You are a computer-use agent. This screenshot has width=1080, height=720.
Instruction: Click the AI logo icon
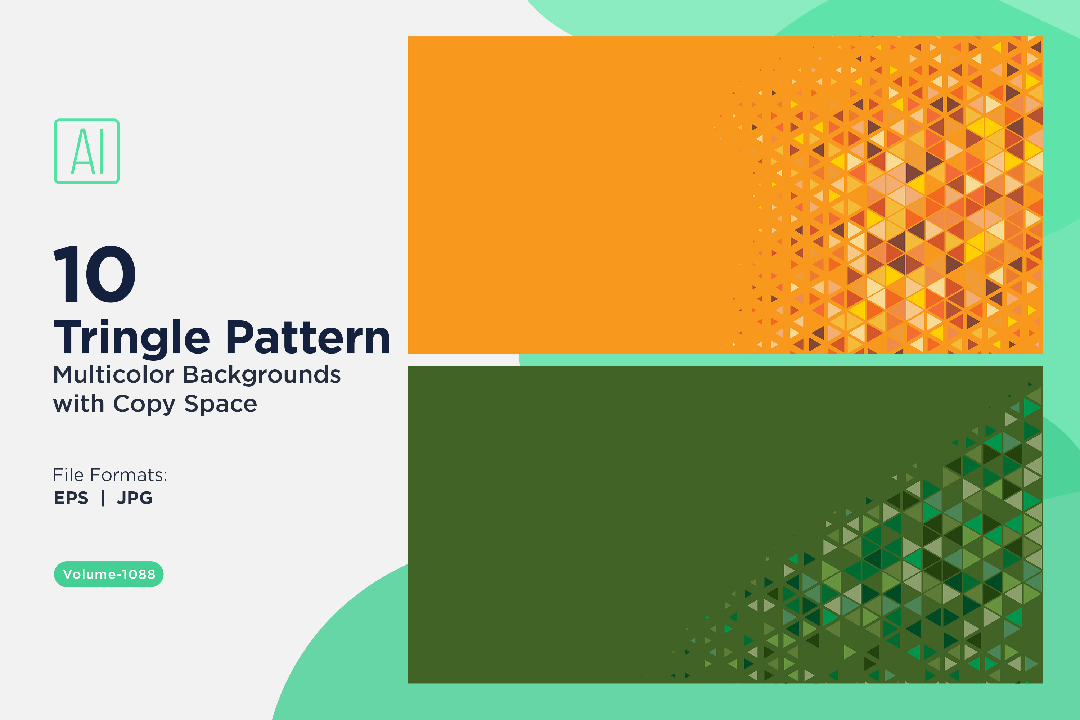(87, 152)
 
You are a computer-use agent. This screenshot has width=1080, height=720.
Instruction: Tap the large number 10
(95, 274)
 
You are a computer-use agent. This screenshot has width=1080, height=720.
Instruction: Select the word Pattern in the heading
(308, 338)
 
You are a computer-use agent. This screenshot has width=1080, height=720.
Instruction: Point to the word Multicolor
(113, 374)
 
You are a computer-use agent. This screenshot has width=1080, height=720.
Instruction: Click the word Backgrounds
(262, 374)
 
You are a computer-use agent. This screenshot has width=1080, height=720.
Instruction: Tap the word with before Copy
(78, 404)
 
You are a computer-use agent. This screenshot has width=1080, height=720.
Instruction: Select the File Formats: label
(110, 475)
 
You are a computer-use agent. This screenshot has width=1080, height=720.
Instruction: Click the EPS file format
(71, 498)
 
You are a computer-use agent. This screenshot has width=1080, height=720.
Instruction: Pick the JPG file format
(135, 498)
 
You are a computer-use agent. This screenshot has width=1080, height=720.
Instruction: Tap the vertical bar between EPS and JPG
(103, 498)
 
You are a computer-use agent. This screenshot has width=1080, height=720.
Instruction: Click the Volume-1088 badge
(109, 574)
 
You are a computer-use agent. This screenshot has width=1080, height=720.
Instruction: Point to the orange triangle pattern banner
(725, 195)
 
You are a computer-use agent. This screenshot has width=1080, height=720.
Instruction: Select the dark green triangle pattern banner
(725, 525)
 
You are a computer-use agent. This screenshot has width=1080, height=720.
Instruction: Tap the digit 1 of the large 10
(65, 274)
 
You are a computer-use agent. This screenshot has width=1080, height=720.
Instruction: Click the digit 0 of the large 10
(111, 274)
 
